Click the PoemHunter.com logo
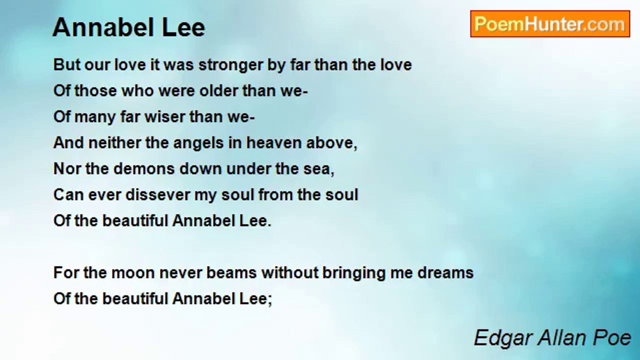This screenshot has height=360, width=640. [550, 24]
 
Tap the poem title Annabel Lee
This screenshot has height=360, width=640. [128, 27]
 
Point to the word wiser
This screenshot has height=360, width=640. [163, 117]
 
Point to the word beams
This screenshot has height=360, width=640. [232, 273]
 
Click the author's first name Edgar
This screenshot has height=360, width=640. [502, 338]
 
